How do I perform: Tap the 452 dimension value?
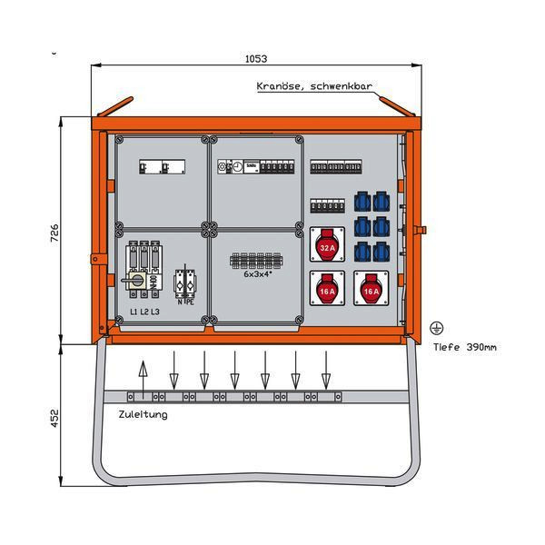pyautogui.click(x=54, y=418)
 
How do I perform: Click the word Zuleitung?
pyautogui.click(x=143, y=414)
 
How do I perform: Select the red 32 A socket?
pyautogui.click(x=325, y=243)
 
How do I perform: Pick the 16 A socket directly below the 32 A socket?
pyautogui.click(x=325, y=289)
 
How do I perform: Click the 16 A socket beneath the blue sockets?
pyautogui.click(x=369, y=289)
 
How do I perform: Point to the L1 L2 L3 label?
pyautogui.click(x=144, y=312)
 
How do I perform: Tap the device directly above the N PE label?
pyautogui.click(x=185, y=282)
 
